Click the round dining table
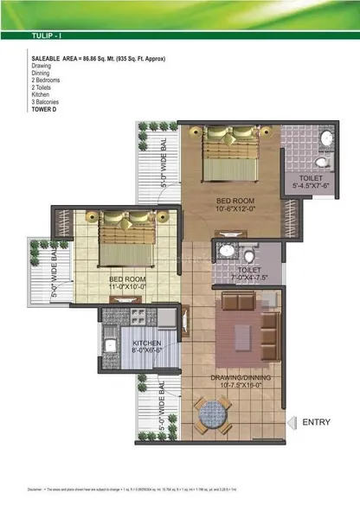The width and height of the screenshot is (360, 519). (212, 416)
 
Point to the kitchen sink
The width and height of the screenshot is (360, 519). (110, 347)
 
